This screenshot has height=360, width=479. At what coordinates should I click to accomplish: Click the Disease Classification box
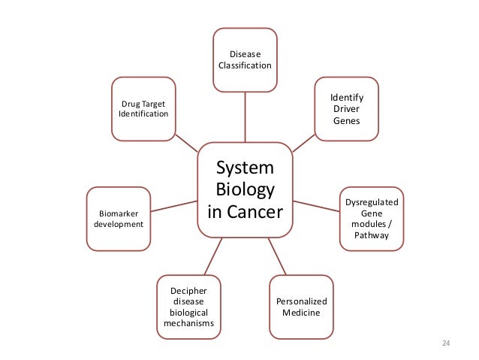(x=245, y=59)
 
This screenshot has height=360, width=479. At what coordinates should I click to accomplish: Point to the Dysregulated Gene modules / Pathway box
(x=372, y=219)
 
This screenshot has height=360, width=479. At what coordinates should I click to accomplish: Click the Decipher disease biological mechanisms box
(x=188, y=307)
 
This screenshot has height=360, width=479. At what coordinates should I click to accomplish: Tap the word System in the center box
(x=245, y=166)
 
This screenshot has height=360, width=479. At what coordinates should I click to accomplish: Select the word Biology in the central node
(x=245, y=189)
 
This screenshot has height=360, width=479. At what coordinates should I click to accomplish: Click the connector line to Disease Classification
(x=245, y=116)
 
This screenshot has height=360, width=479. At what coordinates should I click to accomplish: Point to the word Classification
(x=245, y=65)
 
